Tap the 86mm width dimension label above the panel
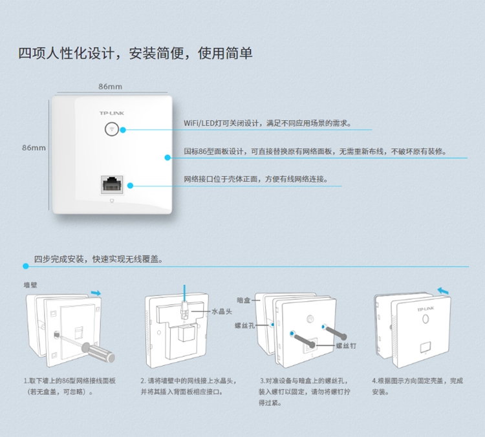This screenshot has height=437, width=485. coord(110,86)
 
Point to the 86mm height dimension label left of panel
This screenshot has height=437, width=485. coord(34,147)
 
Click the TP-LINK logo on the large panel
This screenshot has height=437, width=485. coord(111,112)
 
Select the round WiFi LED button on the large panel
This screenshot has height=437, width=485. coord(111,129)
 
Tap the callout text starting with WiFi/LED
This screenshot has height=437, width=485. coord(266,123)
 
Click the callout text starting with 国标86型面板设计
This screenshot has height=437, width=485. coord(315,151)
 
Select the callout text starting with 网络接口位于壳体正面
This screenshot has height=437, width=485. coord(255,179)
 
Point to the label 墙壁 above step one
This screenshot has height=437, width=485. coord(30,284)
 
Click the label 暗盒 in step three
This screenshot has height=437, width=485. coord(243,300)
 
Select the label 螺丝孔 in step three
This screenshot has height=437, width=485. coord(245,326)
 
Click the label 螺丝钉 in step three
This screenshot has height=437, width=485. coord(346,346)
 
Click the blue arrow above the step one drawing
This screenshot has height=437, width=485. coord(96,293)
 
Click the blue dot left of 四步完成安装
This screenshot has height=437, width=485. coord(25,266)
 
